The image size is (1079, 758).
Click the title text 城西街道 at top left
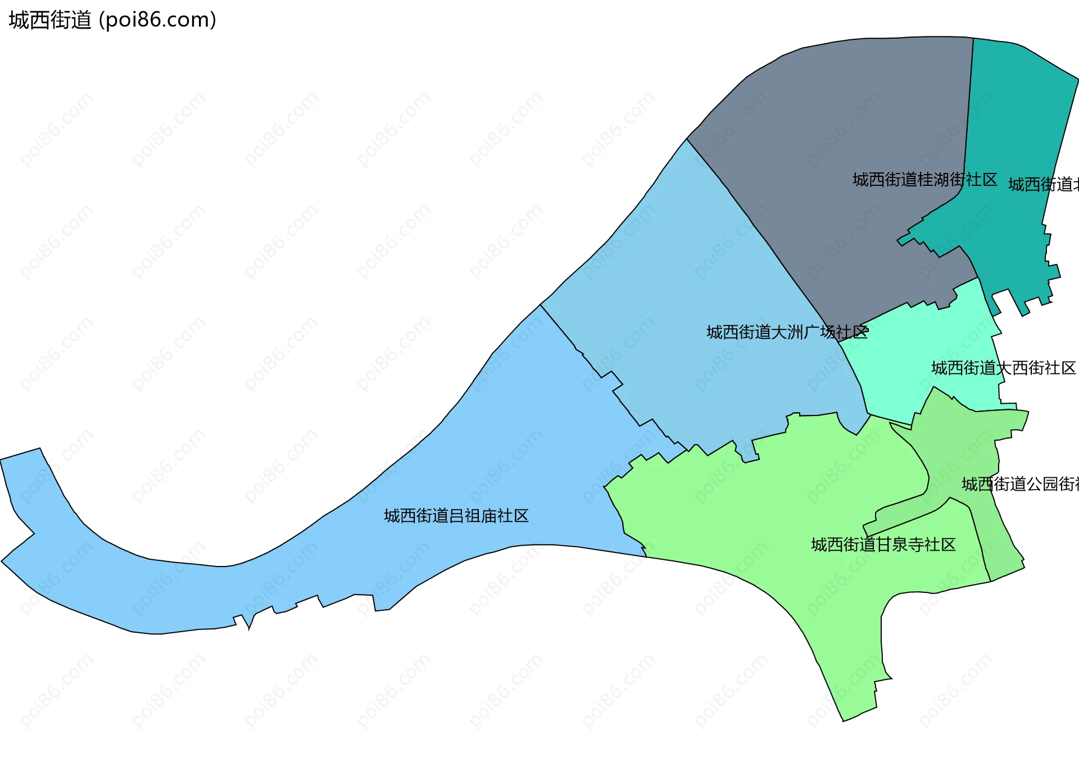[49, 20]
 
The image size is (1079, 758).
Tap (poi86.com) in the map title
[157, 20]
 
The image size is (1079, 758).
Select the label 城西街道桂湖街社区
[924, 180]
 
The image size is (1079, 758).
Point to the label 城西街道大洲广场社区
[787, 332]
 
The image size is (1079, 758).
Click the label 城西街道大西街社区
[1003, 368]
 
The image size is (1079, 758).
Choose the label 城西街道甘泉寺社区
[883, 545]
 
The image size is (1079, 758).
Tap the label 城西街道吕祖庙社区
[456, 516]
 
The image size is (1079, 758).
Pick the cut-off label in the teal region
[1043, 185]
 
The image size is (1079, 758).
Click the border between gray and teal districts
[969, 112]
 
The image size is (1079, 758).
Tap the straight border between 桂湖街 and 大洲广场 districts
[759, 225]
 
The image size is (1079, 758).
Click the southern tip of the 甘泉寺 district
[845, 719]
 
